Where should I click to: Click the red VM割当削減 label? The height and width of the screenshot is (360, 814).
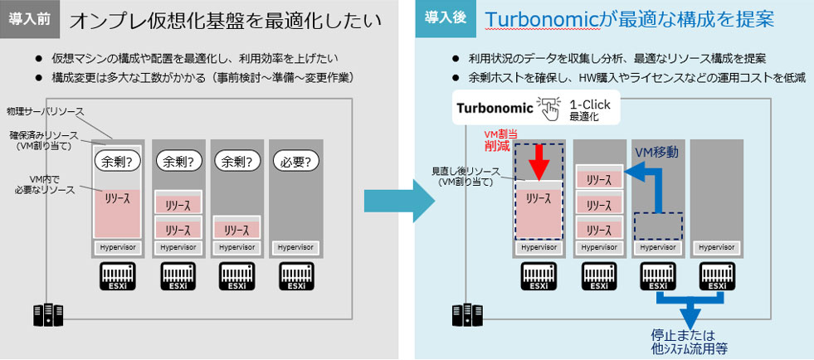coord(500,139)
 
